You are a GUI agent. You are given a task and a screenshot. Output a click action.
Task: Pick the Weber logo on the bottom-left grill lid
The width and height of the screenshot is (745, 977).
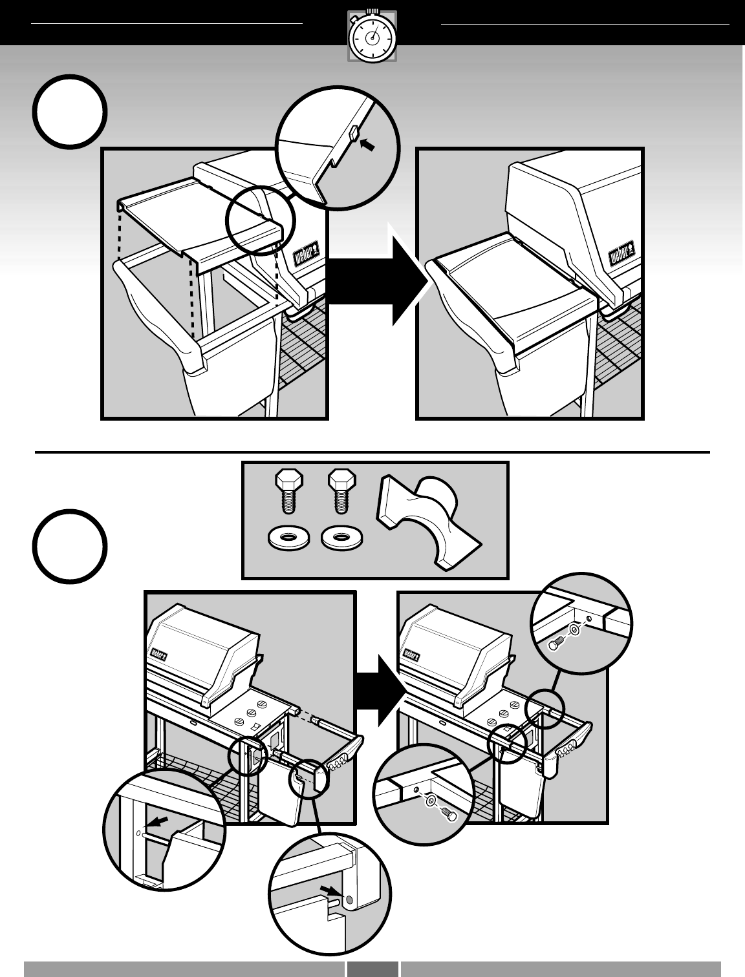coord(159,653)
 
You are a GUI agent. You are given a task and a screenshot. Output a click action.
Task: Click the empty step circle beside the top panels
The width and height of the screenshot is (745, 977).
coord(69,112)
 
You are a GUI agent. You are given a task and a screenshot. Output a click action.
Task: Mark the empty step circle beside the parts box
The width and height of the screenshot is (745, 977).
coord(69,547)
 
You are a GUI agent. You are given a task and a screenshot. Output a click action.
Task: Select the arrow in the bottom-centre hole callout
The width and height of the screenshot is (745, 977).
coord(330,892)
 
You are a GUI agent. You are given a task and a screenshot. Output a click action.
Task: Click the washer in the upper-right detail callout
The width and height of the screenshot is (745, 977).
coord(574,629)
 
